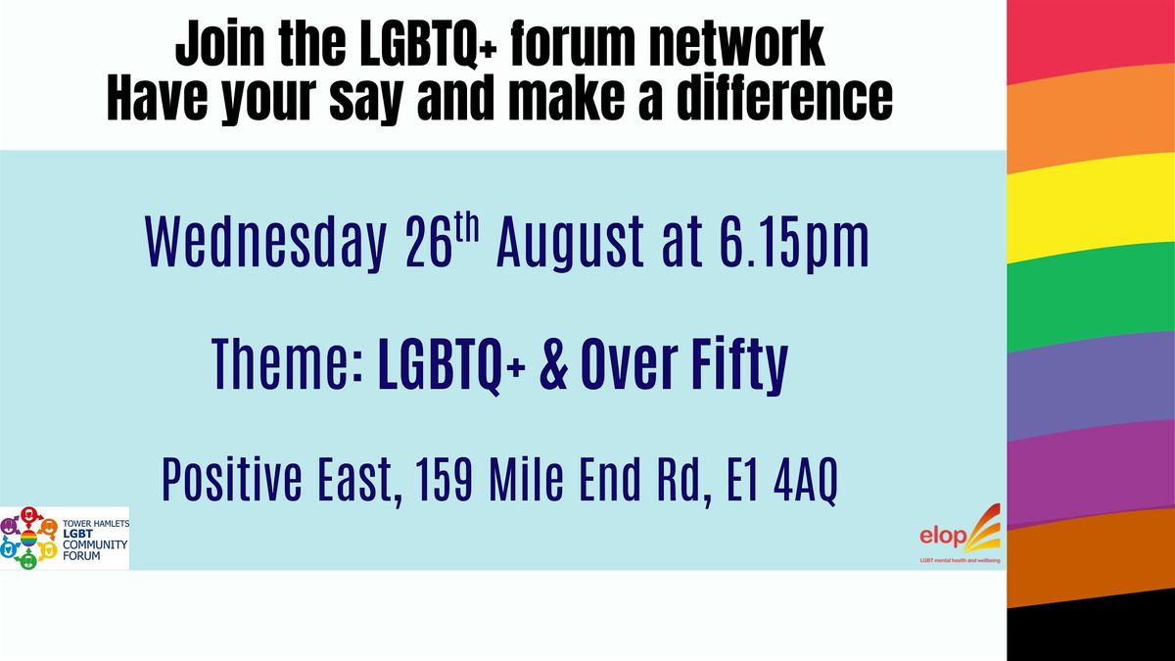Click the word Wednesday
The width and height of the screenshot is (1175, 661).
(265, 244)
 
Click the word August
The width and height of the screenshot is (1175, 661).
(571, 244)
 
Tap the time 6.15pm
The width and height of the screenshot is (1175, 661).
(794, 244)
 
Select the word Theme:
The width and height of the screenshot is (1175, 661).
(288, 364)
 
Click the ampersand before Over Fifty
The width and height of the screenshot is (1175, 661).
(553, 364)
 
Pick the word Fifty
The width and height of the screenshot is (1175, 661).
(739, 365)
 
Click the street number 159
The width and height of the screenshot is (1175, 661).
(445, 480)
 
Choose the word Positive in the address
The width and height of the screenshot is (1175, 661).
(232, 479)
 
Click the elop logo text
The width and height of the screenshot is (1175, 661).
(943, 537)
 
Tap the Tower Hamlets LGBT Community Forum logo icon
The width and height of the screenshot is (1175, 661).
(28, 538)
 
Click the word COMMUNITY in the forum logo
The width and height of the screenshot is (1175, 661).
(95, 544)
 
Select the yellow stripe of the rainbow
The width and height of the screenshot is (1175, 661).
(1091, 208)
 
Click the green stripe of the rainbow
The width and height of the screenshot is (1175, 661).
(1091, 297)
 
